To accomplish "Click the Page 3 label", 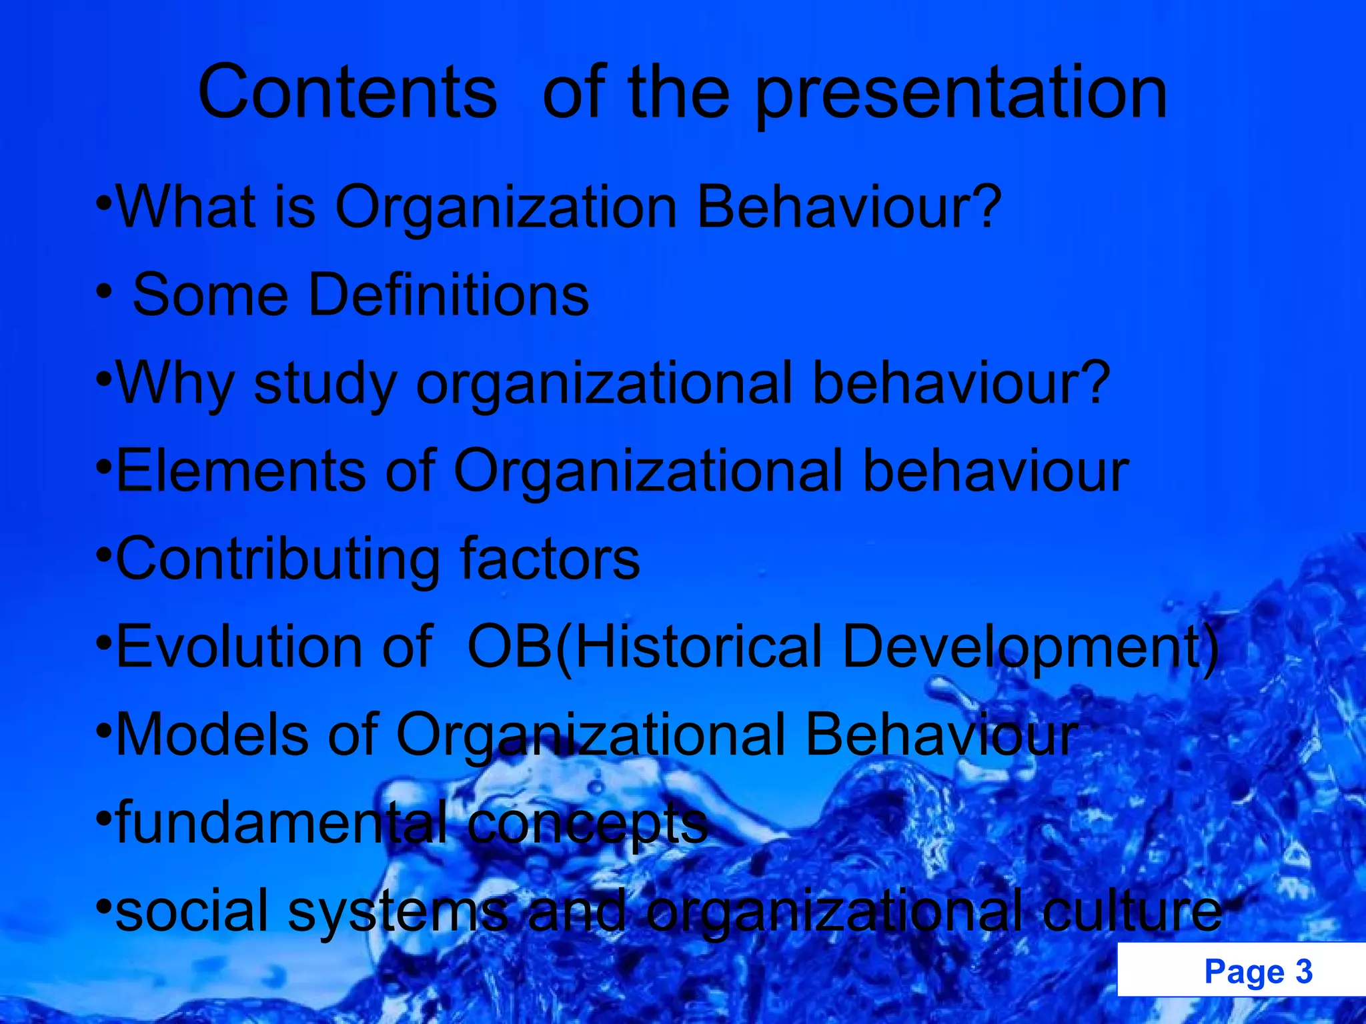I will coord(1258,971).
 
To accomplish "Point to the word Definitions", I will coord(448,295).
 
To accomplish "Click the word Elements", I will coord(241,471).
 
